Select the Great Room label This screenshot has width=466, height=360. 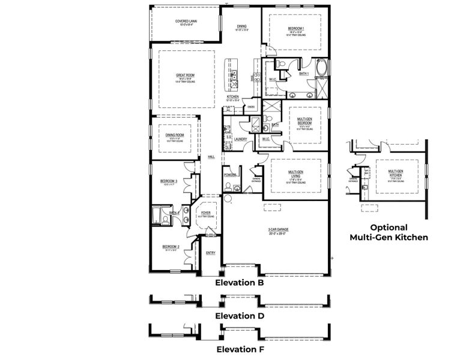[185, 75]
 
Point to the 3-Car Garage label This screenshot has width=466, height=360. [279, 229]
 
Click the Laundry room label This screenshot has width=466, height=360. [240, 139]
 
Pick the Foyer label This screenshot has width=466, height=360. [205, 212]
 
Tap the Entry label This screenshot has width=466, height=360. [210, 253]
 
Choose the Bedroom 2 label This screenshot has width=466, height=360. [171, 247]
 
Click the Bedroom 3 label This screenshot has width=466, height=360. [168, 181]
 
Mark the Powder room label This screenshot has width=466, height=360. [230, 175]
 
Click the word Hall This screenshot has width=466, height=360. [211, 157]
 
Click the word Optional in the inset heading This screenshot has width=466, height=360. [389, 227]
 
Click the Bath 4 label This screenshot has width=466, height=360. [174, 212]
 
